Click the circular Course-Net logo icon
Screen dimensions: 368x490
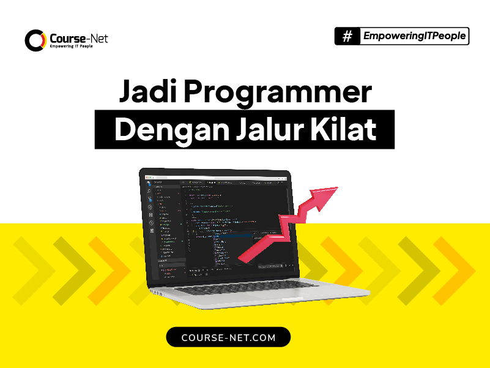click(35, 40)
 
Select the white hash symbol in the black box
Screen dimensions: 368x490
click(347, 37)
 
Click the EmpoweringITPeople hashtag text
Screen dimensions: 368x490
click(414, 36)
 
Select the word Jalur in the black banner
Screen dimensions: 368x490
click(264, 130)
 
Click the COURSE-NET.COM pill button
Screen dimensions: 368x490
click(228, 337)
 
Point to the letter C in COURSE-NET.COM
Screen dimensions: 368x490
click(185, 337)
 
